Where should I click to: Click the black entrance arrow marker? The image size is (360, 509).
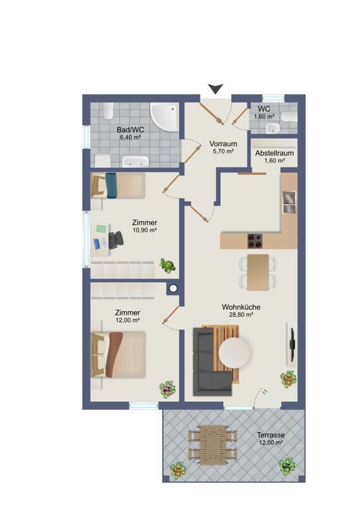216,89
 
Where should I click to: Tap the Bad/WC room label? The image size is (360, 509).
130,130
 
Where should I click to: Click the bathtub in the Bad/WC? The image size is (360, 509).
135,161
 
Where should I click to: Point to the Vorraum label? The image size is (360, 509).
223,144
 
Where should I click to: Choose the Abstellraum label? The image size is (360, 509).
274,153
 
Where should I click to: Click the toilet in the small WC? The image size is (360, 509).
289,116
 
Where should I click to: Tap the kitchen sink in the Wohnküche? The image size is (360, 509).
289,202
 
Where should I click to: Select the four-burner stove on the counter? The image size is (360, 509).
255,241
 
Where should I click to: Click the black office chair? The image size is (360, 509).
116,240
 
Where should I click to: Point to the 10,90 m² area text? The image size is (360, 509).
145,231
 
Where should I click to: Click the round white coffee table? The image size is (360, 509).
234,352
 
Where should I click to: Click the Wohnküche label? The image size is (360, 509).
241,307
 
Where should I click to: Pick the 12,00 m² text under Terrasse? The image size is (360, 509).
271,443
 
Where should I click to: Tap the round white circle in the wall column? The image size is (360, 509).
173,288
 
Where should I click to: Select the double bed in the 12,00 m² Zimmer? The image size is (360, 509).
118,354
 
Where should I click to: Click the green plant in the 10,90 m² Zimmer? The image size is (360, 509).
167,265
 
